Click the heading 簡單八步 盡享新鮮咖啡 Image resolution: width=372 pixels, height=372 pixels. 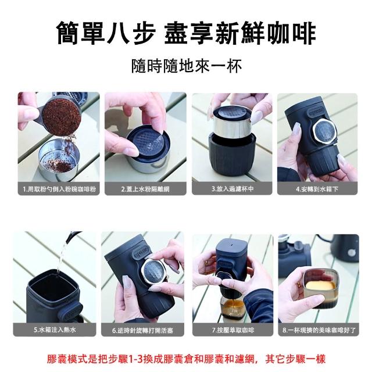tap(186, 33)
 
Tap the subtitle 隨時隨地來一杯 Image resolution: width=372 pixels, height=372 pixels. tap(187, 66)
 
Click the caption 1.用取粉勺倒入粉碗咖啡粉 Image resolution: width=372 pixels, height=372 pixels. tap(59, 189)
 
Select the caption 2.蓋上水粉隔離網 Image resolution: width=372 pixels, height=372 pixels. tap(145, 189)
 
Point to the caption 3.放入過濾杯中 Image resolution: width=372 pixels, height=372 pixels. tap(233, 189)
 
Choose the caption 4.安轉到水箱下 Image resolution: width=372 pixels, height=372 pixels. tap(317, 189)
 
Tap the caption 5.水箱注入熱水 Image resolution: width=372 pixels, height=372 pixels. tap(55, 330)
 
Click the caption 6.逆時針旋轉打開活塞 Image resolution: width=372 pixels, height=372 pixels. tap(142, 330)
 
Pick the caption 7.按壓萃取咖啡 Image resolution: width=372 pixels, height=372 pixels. tap(233, 330)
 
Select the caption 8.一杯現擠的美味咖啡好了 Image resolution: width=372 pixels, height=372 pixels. tap(319, 330)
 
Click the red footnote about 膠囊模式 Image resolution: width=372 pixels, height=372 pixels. tap(186, 359)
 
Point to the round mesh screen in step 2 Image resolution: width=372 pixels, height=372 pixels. tap(145, 142)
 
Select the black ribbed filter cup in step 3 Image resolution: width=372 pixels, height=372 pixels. tap(232, 156)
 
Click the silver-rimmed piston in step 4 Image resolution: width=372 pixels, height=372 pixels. tap(325, 131)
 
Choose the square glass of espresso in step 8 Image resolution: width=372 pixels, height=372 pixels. tap(320, 288)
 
